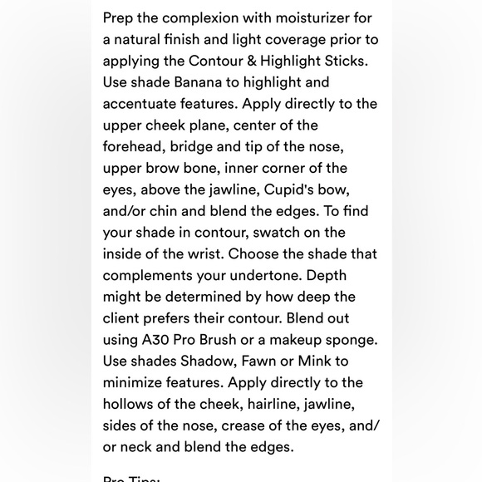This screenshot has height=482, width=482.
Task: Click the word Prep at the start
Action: point(120,18)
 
